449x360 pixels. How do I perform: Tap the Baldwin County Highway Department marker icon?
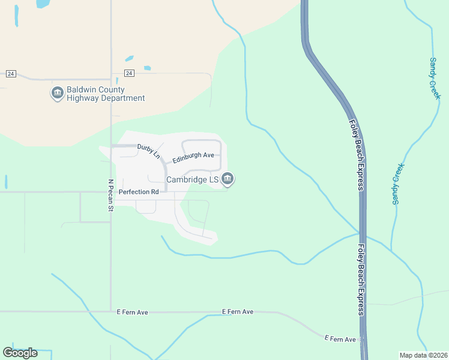click(x=58, y=93)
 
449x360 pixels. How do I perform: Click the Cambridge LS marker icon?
click(x=228, y=178)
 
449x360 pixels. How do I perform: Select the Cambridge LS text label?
click(x=192, y=179)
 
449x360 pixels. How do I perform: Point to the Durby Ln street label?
click(x=149, y=151)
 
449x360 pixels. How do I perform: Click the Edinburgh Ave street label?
click(x=193, y=157)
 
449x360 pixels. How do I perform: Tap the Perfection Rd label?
click(x=139, y=192)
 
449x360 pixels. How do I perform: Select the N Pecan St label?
click(x=110, y=196)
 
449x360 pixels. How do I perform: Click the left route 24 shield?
click(x=10, y=73)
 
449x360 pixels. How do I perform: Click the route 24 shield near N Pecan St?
click(x=129, y=73)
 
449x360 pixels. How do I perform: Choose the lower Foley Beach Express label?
click(x=361, y=280)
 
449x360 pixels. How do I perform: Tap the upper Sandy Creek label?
click(x=435, y=79)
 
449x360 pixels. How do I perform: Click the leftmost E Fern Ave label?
click(x=133, y=312)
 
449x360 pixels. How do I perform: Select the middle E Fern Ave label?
click(x=238, y=311)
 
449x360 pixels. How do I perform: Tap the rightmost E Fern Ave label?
click(x=340, y=339)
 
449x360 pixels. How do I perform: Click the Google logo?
click(x=20, y=353)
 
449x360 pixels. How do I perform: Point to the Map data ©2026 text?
click(x=423, y=355)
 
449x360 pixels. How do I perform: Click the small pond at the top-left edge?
click(x=43, y=4)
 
